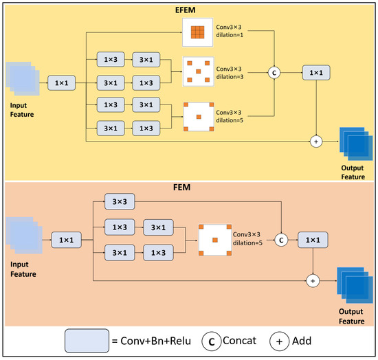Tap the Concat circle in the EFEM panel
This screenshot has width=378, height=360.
[275, 73]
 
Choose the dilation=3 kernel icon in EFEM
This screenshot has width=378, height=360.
[197, 71]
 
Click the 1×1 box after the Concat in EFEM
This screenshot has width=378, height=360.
[315, 73]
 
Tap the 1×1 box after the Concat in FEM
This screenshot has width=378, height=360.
[313, 240]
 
